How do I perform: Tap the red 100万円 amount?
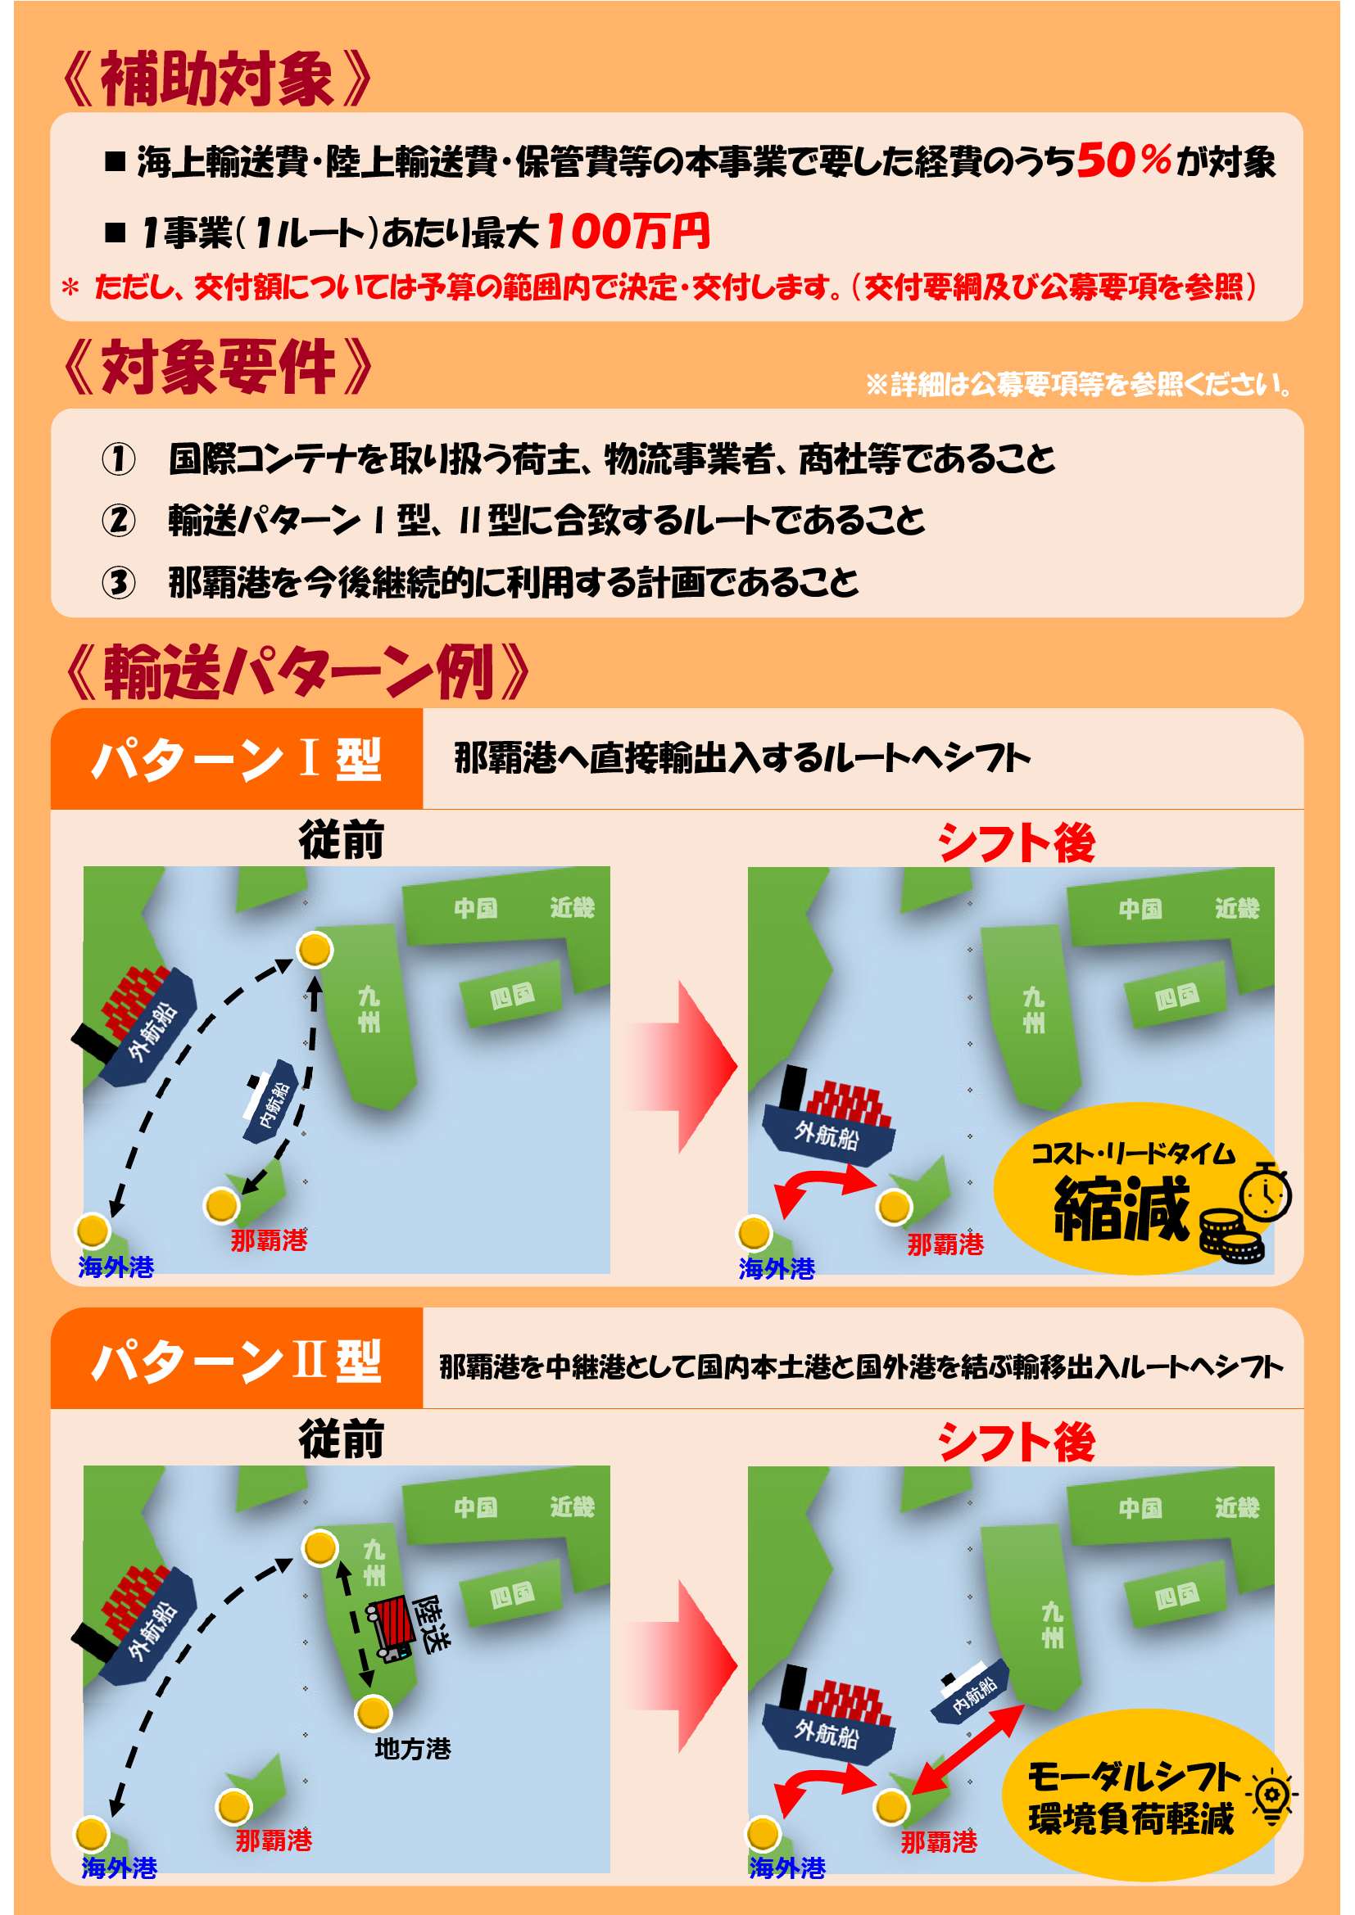[x=628, y=231]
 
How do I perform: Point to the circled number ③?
[x=119, y=582]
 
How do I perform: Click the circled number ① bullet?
[x=119, y=458]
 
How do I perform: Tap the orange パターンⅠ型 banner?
[x=237, y=759]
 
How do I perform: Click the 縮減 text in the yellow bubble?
[x=1121, y=1208]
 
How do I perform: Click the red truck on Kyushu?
[x=392, y=1628]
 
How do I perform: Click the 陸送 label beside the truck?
[x=434, y=1623]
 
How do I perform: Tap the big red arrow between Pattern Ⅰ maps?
[x=682, y=1067]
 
